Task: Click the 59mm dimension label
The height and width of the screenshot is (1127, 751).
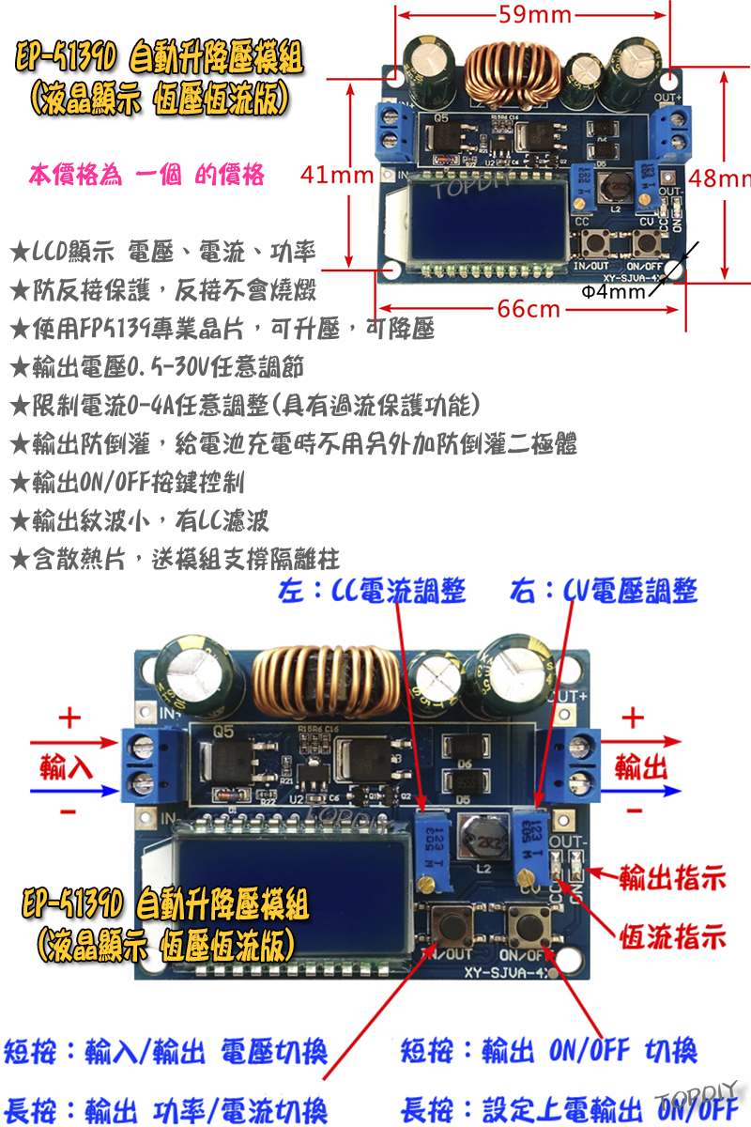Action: pos(534,14)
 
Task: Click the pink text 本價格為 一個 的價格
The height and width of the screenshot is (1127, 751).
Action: pos(146,176)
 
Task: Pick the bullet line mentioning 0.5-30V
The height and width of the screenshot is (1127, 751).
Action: pos(156,366)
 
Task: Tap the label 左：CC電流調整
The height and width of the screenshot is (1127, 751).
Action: pos(373,592)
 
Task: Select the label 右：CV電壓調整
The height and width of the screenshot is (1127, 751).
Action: pos(604,592)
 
